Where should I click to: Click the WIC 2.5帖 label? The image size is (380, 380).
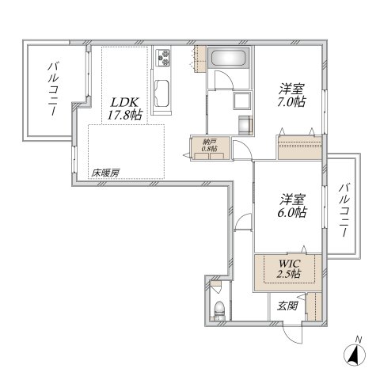tap(288, 268)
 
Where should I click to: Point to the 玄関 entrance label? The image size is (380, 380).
tap(287, 306)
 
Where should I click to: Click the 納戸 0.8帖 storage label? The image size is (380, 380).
tap(209, 146)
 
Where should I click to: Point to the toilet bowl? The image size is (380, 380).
tap(219, 310)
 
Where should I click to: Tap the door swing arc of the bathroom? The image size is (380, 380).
tap(223, 83)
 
